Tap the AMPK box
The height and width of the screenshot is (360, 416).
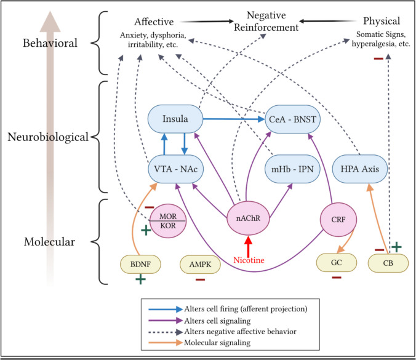(x=199, y=265)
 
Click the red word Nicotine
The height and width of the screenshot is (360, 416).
(x=247, y=260)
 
